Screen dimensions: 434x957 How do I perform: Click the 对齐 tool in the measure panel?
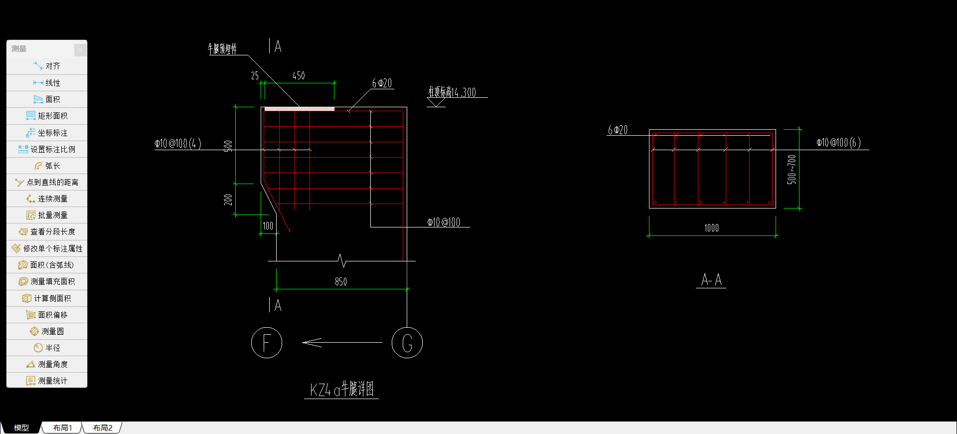click(47, 66)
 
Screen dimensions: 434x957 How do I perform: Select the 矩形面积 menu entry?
click(47, 116)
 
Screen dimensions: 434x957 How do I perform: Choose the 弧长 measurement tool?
click(47, 166)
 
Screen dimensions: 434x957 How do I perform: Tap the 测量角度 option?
click(47, 364)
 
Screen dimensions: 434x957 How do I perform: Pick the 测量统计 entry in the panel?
click(47, 381)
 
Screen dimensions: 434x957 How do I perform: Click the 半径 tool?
click(47, 348)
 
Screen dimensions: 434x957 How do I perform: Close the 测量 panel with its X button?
click(80, 49)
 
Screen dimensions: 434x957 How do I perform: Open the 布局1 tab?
click(63, 428)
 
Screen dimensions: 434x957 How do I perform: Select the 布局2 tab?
click(103, 428)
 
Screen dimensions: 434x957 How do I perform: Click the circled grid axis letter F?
click(267, 343)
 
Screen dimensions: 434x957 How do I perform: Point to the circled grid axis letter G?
click(407, 343)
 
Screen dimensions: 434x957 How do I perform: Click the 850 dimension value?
click(341, 282)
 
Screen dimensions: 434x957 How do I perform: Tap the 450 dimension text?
click(299, 76)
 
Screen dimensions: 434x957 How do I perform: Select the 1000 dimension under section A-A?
click(711, 228)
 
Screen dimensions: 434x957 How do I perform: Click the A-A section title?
click(711, 280)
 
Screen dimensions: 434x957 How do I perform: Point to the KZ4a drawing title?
click(341, 389)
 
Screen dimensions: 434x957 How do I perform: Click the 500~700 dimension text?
click(792, 170)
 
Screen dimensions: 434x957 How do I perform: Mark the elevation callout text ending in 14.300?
click(452, 92)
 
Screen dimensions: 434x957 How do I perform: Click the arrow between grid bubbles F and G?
click(342, 342)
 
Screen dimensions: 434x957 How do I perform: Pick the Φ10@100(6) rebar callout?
click(838, 143)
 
